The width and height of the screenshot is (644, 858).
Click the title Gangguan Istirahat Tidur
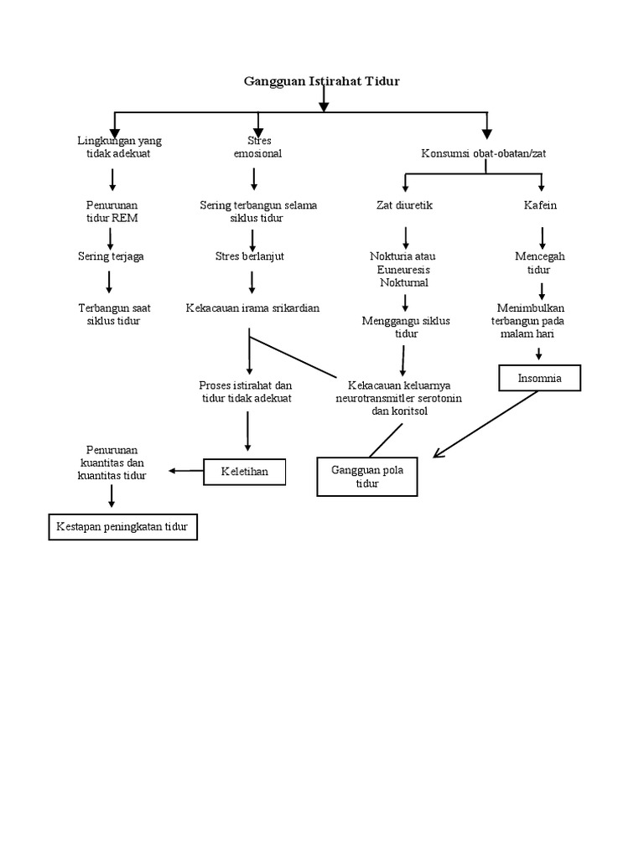(x=321, y=81)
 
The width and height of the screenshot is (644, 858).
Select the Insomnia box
(x=540, y=378)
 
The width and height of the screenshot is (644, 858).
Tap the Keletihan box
(x=244, y=472)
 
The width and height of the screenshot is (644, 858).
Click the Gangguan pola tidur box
(x=366, y=476)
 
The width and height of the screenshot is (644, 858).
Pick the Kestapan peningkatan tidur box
(x=122, y=527)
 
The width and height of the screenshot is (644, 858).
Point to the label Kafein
(x=542, y=205)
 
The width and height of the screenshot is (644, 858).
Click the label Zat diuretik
(x=404, y=205)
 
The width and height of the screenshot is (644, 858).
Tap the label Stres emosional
(x=257, y=147)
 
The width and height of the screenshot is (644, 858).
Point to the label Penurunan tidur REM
(x=112, y=211)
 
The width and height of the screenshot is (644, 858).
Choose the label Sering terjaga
(x=111, y=256)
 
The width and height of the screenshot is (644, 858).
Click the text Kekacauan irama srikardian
(x=252, y=308)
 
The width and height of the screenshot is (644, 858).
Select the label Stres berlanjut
(x=249, y=256)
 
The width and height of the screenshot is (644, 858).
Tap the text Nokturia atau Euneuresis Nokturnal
(x=403, y=269)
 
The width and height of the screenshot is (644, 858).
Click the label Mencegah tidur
(x=538, y=263)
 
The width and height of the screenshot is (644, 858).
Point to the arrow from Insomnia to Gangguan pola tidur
(x=485, y=424)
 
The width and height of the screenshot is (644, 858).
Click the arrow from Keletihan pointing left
(x=186, y=471)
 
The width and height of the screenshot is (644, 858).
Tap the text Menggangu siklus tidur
(x=406, y=327)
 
